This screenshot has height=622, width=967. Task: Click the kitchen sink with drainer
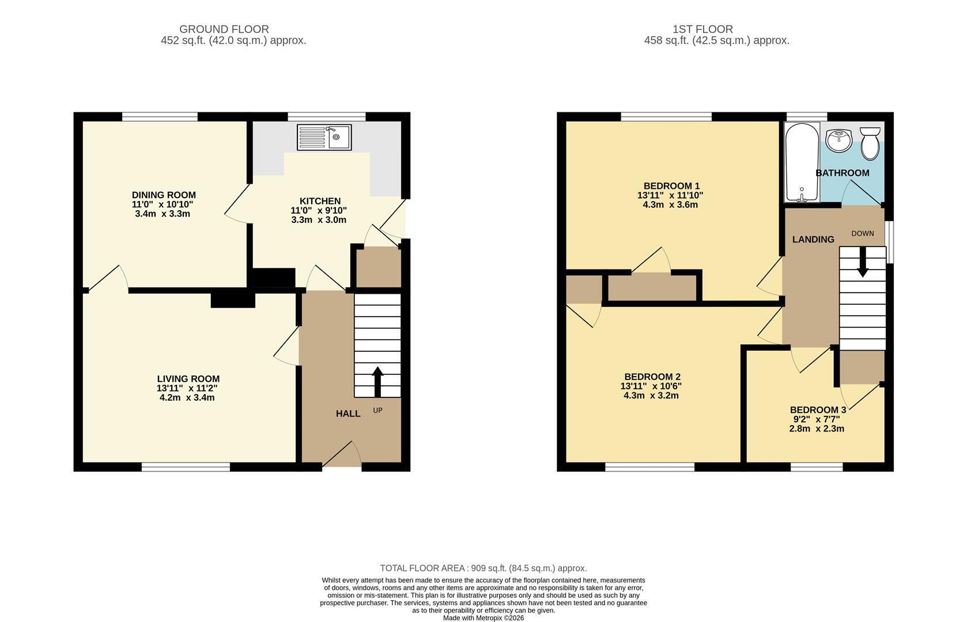324,137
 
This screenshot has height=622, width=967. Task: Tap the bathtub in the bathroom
802,162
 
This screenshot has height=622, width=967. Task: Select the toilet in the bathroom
870,143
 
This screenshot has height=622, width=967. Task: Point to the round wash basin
839,140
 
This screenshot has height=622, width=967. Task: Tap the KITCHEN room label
320,201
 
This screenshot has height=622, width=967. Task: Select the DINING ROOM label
164,195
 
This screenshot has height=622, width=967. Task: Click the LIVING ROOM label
188,379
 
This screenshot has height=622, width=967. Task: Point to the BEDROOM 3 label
818,410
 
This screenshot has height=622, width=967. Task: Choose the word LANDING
813,240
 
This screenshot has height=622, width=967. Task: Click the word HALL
349,414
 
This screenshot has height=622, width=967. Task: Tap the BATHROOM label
843,173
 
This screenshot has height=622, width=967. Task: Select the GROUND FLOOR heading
224,29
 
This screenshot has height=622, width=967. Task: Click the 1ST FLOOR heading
703,29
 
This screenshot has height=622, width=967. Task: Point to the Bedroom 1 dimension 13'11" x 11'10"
670,195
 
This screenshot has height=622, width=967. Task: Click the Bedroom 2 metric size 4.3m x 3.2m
651,396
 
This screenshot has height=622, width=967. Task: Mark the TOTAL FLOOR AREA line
484,568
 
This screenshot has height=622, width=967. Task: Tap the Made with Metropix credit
484,618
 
